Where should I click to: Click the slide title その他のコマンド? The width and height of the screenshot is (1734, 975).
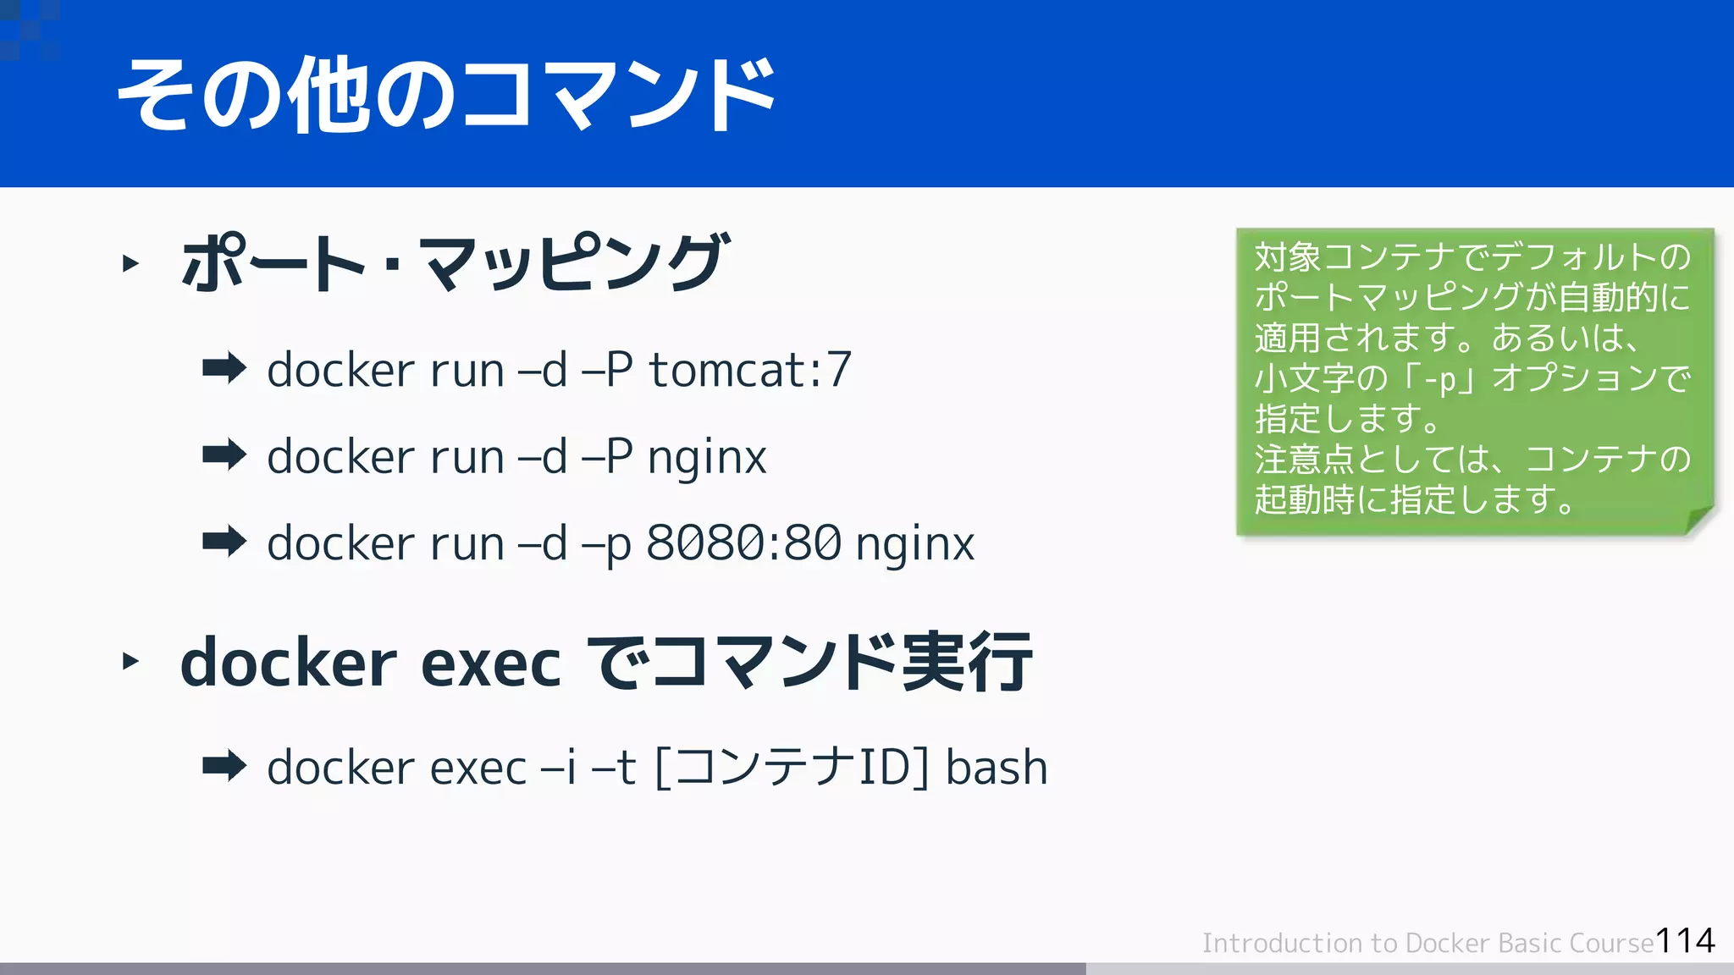click(x=446, y=95)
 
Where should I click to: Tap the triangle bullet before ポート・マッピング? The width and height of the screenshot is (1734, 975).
click(x=130, y=263)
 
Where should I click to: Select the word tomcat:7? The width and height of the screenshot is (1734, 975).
click(x=749, y=371)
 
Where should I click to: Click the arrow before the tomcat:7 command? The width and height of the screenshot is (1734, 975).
click(x=224, y=368)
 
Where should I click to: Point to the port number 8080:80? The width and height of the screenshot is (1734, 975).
click(x=743, y=543)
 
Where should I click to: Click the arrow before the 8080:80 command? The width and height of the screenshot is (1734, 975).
click(x=224, y=541)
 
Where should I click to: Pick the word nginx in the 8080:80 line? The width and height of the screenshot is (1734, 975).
click(x=914, y=544)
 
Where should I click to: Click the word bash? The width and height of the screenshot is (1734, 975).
click(x=997, y=768)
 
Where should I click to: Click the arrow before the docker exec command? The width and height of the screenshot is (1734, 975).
click(x=224, y=766)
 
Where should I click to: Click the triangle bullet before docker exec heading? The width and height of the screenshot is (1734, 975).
click(x=130, y=660)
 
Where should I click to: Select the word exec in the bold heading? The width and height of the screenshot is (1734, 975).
click(x=490, y=664)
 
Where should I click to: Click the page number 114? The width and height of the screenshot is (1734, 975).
click(x=1685, y=940)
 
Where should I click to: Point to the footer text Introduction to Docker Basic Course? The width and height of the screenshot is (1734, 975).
click(x=1428, y=943)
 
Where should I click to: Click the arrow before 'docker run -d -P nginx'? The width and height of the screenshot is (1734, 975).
click(x=224, y=454)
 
